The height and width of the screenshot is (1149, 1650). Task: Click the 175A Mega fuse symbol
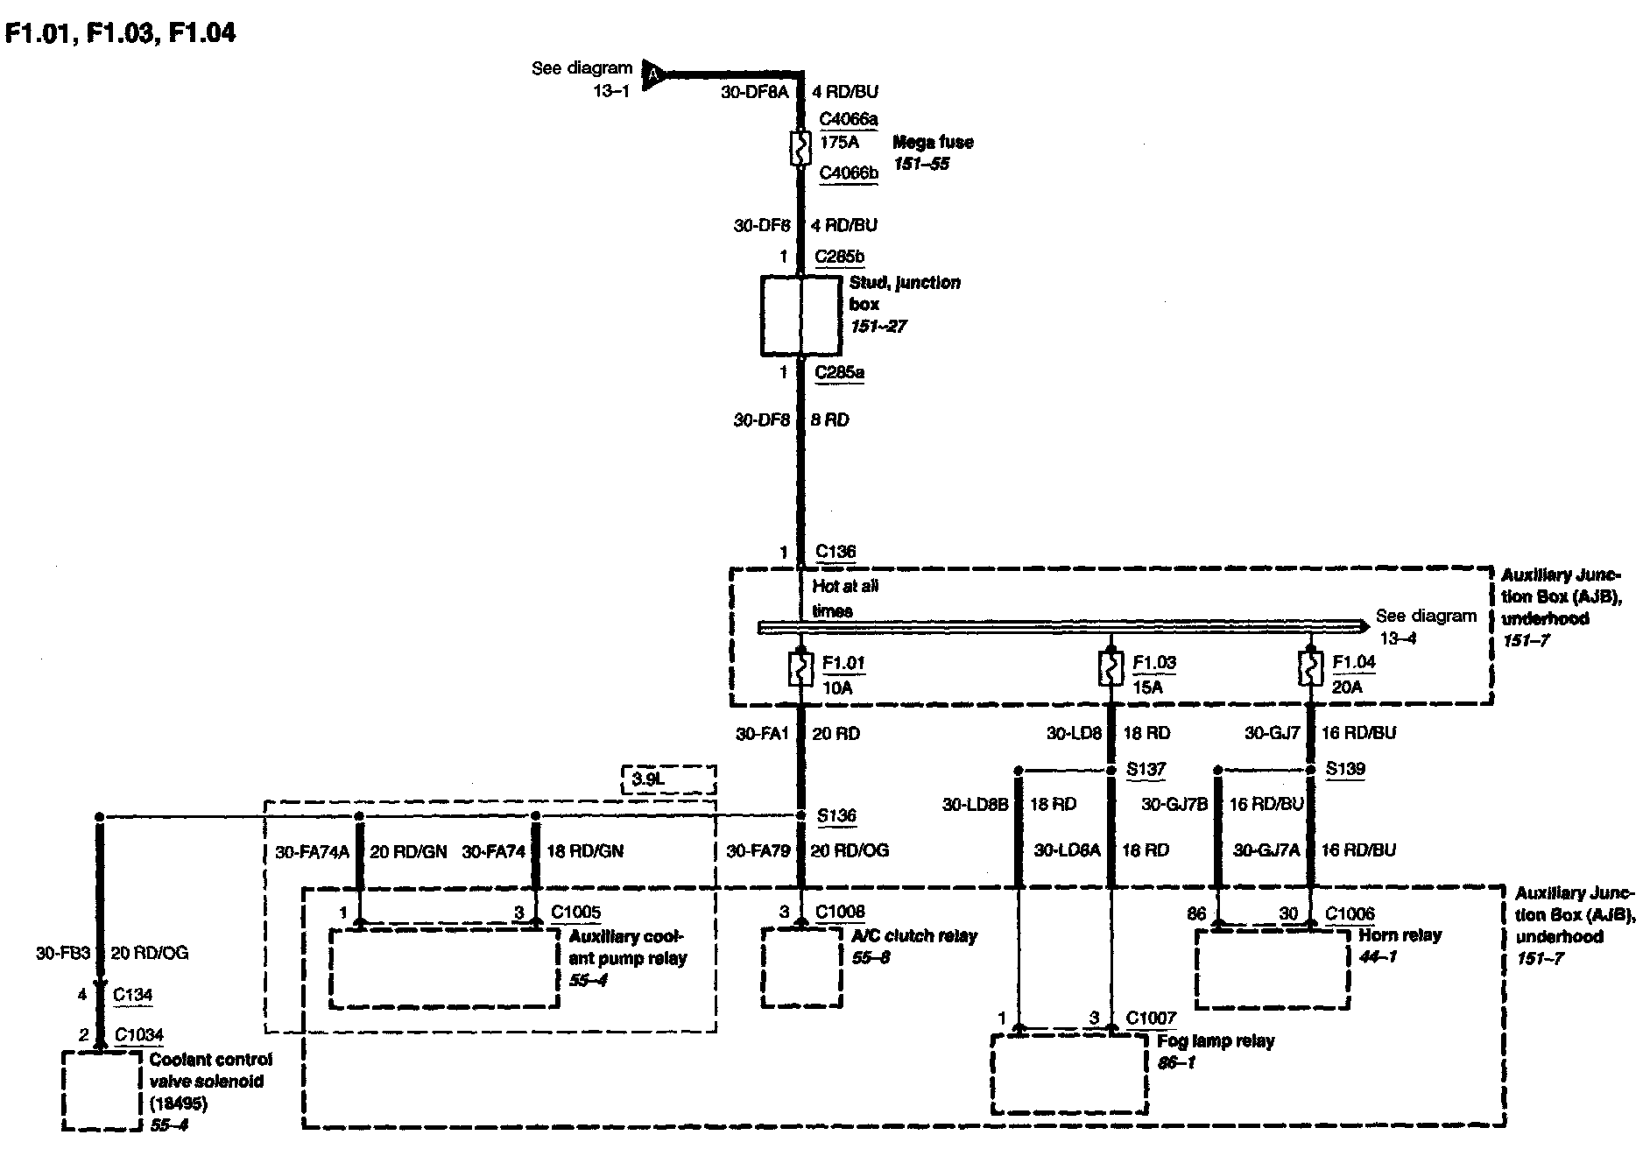tap(800, 149)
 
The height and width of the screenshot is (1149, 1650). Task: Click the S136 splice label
tap(836, 816)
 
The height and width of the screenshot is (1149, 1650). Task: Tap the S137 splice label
tap(1146, 770)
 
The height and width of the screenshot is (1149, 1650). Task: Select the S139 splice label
tap(1345, 770)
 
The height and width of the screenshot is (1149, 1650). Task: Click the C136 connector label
tap(836, 552)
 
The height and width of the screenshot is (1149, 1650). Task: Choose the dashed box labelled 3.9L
tap(668, 779)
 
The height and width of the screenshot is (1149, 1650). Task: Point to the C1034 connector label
tap(139, 1035)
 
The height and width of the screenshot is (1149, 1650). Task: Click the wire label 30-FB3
tap(63, 953)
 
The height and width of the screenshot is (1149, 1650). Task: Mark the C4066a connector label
tap(849, 119)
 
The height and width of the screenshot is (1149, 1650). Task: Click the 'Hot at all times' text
tap(845, 598)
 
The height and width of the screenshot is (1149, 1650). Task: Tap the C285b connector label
tap(840, 257)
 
